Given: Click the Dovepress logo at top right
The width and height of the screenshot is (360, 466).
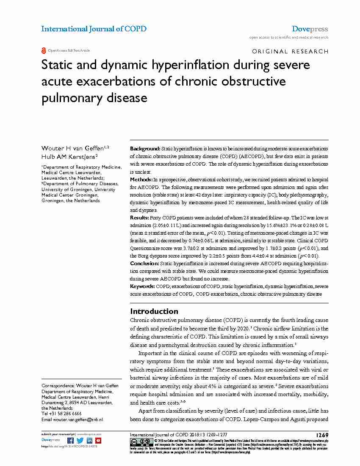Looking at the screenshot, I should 310,29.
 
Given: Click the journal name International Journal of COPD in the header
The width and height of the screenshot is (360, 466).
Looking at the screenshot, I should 94,29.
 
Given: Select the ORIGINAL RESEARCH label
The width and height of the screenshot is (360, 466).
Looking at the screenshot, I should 290,51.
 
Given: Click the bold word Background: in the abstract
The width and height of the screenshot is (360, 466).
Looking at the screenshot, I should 145,149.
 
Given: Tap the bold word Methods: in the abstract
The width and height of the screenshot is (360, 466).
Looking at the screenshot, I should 141,180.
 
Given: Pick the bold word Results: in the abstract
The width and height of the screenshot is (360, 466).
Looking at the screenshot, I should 140,217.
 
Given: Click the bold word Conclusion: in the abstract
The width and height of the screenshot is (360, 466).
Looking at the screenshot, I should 144,264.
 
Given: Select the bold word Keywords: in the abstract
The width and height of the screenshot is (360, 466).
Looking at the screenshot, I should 142,287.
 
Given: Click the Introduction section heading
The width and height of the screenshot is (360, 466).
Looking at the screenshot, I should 154,311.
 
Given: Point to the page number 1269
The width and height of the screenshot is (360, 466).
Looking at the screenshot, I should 322,435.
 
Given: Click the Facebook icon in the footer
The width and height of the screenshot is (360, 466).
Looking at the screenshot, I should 71,441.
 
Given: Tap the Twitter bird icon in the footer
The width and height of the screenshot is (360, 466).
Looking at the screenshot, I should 80,441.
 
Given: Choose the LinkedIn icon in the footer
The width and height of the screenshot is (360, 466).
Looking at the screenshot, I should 89,441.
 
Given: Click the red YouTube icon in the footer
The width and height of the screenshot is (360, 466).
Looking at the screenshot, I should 98,441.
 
